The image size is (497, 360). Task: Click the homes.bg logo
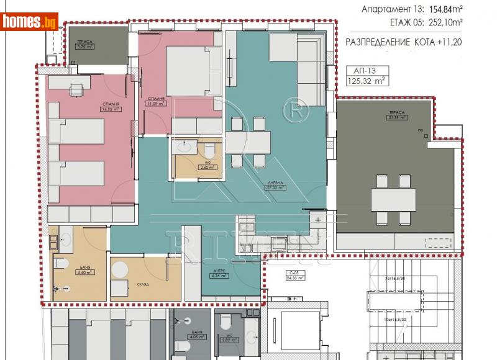(29, 22)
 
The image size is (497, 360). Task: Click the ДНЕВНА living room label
(274, 184)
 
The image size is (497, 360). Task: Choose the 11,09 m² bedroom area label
(156, 101)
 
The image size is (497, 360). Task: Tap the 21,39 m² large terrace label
(397, 115)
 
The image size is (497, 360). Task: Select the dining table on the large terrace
(393, 200)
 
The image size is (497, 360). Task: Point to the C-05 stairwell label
(294, 276)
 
